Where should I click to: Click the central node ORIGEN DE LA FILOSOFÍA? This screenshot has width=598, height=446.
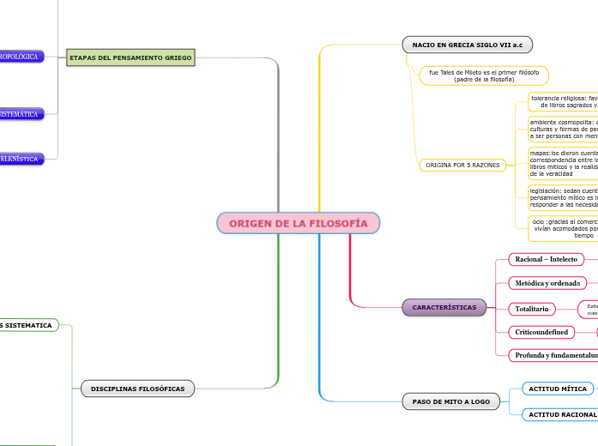click(x=299, y=223)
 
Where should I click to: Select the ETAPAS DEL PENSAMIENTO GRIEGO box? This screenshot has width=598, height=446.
click(x=130, y=57)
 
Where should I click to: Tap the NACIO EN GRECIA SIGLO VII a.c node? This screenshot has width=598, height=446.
click(x=467, y=44)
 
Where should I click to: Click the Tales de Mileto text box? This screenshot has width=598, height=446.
click(x=483, y=75)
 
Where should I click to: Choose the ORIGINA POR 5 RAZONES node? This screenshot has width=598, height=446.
click(x=462, y=165)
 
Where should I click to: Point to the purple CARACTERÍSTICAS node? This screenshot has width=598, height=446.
click(x=444, y=307)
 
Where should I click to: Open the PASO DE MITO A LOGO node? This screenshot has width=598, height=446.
click(x=450, y=401)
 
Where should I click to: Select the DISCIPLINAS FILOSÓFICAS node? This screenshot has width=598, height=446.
click(x=138, y=389)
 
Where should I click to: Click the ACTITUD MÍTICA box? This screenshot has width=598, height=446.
click(x=558, y=389)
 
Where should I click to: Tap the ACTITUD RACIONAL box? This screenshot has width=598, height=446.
click(x=561, y=415)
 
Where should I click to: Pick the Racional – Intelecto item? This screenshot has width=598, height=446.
click(x=546, y=259)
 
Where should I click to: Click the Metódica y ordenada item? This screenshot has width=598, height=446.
click(x=547, y=283)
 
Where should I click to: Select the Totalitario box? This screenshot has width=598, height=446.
click(x=532, y=309)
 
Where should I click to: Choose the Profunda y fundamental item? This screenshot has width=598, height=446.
click(x=553, y=355)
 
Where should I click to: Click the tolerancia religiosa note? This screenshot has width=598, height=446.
click(x=563, y=102)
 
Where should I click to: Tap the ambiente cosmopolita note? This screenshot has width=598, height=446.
click(x=563, y=129)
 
